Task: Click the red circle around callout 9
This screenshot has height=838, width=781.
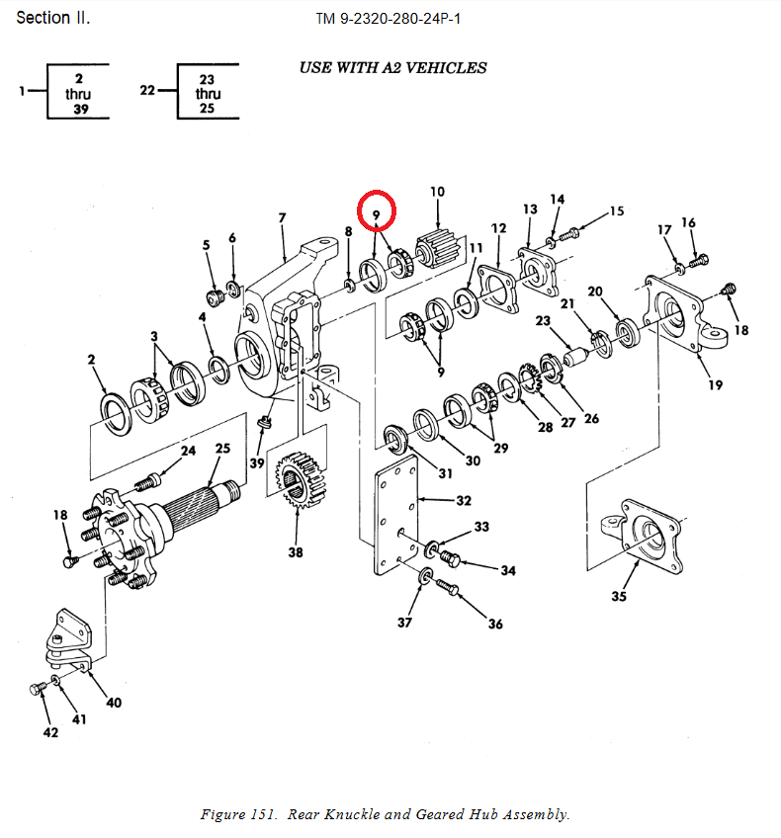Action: [377, 209]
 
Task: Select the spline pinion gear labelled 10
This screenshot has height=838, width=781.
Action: [437, 244]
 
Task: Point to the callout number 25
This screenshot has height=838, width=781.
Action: [222, 449]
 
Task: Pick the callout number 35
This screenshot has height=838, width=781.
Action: [619, 596]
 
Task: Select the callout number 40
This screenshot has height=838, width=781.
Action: [114, 703]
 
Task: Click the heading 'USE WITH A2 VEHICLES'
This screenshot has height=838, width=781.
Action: [392, 68]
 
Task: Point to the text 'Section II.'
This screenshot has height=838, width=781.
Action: [53, 18]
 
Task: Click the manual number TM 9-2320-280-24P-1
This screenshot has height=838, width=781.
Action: [389, 19]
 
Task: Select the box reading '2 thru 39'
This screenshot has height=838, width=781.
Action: [78, 93]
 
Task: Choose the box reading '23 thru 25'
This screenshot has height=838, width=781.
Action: [208, 93]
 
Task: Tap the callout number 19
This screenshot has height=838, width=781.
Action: [716, 384]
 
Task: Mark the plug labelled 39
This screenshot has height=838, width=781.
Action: [262, 423]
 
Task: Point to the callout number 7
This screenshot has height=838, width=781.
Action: [282, 217]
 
